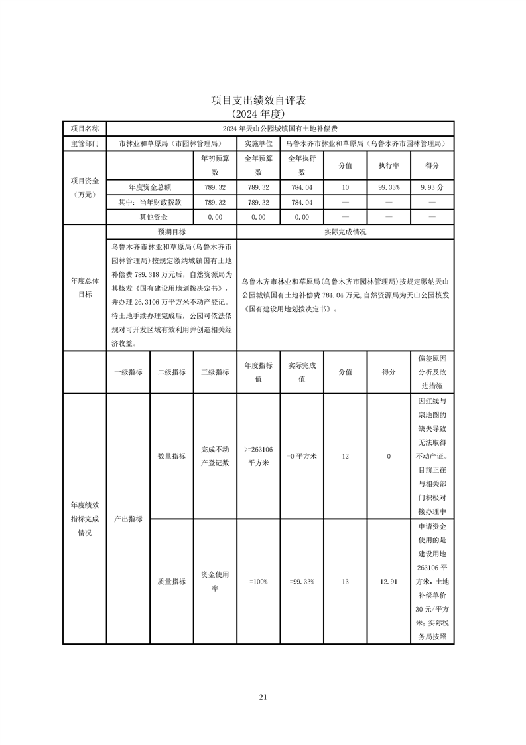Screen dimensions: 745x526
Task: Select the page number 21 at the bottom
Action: point(263,697)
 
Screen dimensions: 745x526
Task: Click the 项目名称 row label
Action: point(84,128)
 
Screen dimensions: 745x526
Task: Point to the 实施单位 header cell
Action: point(258,143)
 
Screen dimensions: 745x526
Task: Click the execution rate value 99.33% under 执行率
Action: point(389,187)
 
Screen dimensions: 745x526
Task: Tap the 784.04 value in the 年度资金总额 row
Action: point(302,187)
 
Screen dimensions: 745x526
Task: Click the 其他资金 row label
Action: point(153,216)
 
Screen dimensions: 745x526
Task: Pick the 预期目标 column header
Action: point(171,232)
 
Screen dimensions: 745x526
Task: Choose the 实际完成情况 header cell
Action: point(345,232)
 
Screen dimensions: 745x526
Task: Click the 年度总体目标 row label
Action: point(84,288)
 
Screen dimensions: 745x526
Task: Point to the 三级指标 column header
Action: point(214,372)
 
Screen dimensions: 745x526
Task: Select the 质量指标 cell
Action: point(171,581)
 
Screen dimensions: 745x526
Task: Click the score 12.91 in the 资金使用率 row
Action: point(389,581)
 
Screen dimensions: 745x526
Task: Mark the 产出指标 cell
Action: point(128,519)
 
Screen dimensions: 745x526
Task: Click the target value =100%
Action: point(258,581)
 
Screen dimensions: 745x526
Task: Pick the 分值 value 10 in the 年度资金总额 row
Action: point(345,187)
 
